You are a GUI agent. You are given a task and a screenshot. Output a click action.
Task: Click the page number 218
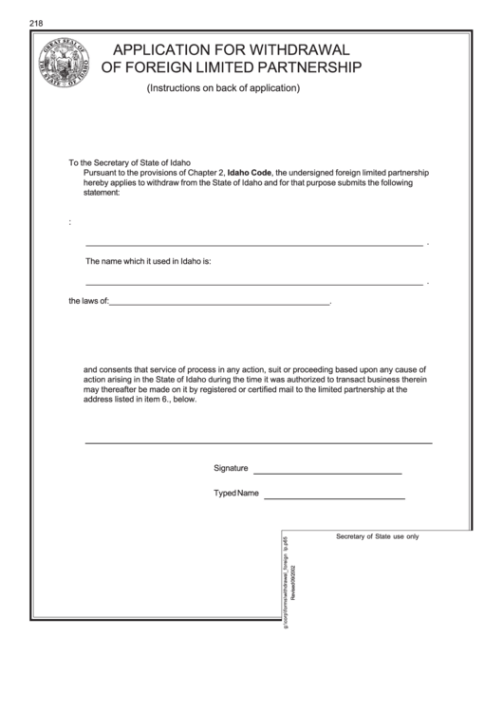pyautogui.click(x=37, y=23)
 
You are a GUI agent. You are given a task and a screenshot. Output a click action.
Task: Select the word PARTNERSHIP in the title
pyautogui.click(x=301, y=67)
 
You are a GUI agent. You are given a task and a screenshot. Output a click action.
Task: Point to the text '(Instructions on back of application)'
pyautogui.click(x=223, y=88)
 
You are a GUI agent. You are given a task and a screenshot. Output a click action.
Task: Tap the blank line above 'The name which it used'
pyautogui.click(x=254, y=245)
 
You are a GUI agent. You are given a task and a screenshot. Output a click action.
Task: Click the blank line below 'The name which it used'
pyautogui.click(x=254, y=284)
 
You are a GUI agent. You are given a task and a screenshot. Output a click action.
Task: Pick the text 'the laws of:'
pyautogui.click(x=89, y=303)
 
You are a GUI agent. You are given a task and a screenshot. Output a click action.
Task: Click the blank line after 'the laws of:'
pyautogui.click(x=219, y=305)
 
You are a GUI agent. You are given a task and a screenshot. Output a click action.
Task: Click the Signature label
pyautogui.click(x=231, y=468)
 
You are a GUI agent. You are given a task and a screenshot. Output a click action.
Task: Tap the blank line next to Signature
pyautogui.click(x=326, y=473)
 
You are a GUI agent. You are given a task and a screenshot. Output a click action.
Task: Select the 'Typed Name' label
pyautogui.click(x=236, y=494)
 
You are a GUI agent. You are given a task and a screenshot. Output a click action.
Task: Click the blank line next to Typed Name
pyautogui.click(x=334, y=497)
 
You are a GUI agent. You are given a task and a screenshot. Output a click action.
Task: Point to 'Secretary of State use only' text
pyautogui.click(x=377, y=536)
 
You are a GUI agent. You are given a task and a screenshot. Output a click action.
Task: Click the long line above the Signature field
pyautogui.click(x=258, y=443)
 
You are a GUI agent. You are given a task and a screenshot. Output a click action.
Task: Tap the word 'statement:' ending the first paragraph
pyautogui.click(x=102, y=194)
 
